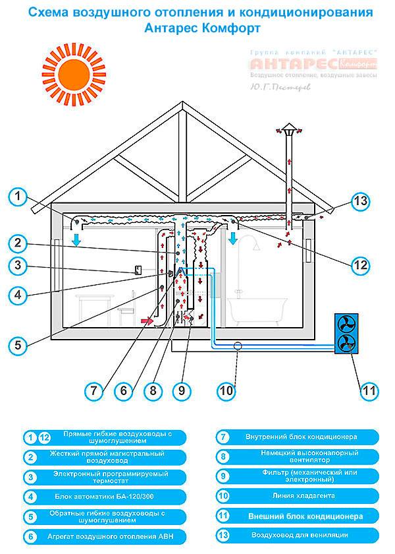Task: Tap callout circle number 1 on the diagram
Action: tap(20, 197)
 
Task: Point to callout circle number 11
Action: tap(370, 390)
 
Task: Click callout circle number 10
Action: tap(226, 390)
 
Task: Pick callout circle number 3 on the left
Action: tap(20, 266)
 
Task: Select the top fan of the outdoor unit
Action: tap(346, 324)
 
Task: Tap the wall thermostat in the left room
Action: tap(138, 270)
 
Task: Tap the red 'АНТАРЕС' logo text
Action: tap(294, 64)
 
